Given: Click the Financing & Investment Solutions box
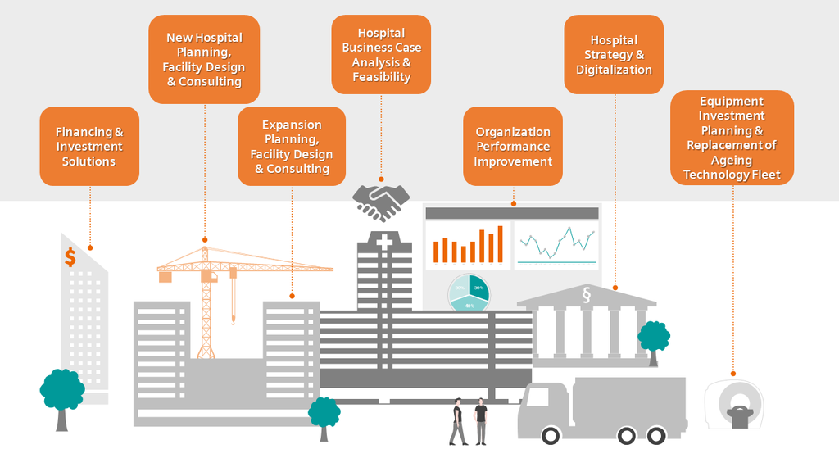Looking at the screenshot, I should [89, 146].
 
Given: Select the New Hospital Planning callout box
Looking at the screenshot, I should [204, 59].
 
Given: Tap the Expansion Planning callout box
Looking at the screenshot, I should [292, 147].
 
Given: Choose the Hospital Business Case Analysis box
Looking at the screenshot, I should [381, 54].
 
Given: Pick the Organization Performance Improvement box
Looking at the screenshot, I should [513, 146].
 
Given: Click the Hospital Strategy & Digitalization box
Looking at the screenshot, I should [614, 54].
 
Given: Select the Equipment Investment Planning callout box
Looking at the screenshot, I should [732, 138].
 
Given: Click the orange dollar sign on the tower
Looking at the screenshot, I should [70, 257].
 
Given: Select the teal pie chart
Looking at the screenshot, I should [469, 293].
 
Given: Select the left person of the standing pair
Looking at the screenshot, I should [457, 421].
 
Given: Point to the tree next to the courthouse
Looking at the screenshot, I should [654, 337].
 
